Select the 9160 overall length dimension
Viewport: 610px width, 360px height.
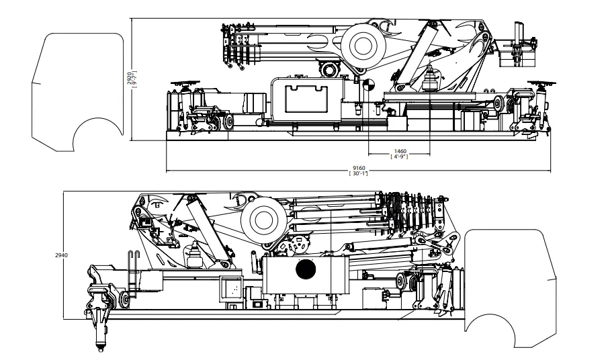(x=358, y=169)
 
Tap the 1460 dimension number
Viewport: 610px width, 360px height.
(x=400, y=151)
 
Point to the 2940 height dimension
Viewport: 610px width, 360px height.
(x=61, y=255)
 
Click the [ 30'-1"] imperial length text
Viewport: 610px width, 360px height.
(x=358, y=173)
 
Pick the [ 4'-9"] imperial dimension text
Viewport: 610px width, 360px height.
(x=400, y=156)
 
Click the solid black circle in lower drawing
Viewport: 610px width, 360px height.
(x=306, y=269)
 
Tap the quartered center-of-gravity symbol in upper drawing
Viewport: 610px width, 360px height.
(x=367, y=85)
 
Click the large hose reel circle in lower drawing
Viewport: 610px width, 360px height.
(x=263, y=220)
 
